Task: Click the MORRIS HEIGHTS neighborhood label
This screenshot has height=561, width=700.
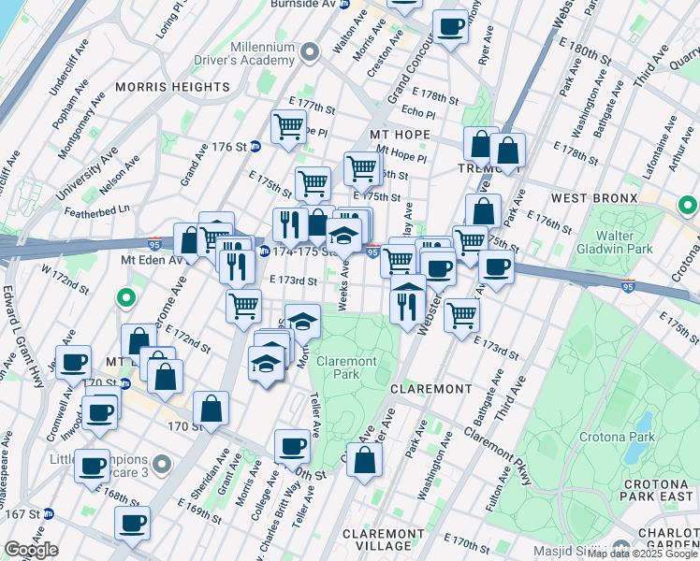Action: click(172, 87)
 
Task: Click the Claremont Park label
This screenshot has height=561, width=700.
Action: click(345, 367)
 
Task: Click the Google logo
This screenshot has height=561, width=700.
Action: click(32, 550)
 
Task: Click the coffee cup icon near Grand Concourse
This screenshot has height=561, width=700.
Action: click(450, 27)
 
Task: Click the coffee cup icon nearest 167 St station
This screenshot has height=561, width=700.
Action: click(132, 523)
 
